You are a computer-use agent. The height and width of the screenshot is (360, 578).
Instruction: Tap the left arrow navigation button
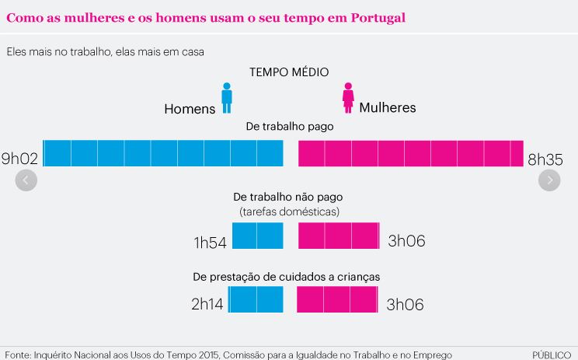coord(26,180)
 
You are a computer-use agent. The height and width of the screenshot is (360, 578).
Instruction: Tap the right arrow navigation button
coord(549,180)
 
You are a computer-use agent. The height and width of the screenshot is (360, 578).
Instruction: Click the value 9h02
coord(20,159)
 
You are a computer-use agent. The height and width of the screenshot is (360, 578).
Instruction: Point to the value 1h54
coord(210,243)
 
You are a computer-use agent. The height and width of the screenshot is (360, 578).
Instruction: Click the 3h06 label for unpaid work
coord(406,242)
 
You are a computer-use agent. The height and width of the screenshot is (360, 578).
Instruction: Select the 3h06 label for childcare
coord(406,305)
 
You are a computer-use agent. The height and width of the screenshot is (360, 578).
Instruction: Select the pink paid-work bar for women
coord(410,153)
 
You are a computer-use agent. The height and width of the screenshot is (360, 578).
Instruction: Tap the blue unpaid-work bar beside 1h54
coord(258,236)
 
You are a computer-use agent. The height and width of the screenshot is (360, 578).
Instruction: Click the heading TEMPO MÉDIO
coord(288,72)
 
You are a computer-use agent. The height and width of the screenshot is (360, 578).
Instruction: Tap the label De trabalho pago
coord(289,128)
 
